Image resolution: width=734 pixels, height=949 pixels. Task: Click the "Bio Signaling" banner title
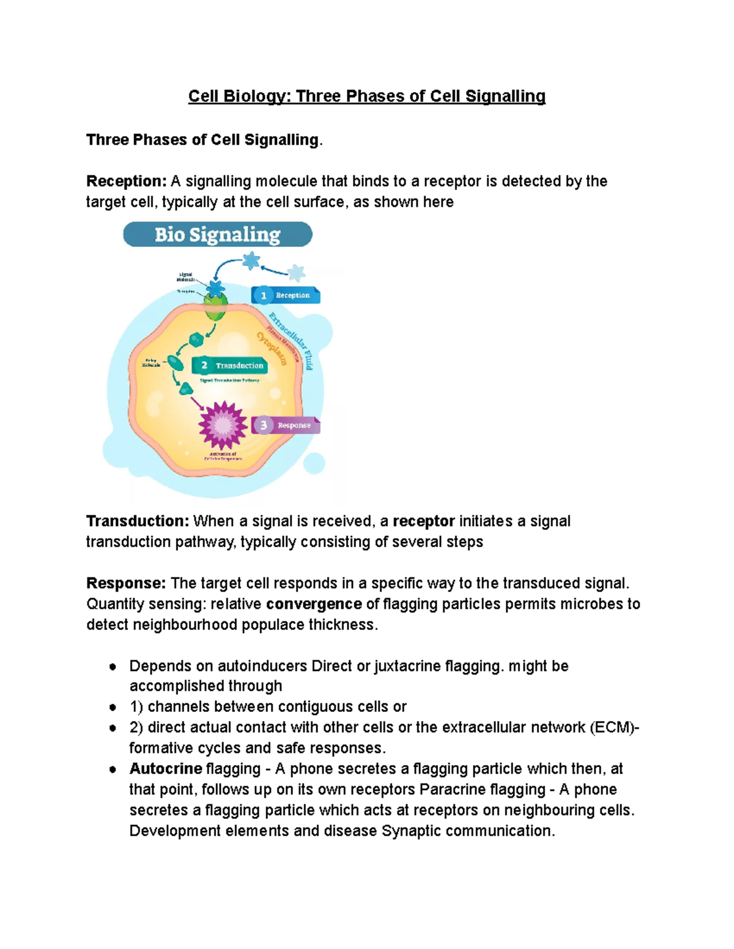point(217,235)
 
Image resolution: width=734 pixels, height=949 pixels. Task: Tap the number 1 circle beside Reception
point(264,296)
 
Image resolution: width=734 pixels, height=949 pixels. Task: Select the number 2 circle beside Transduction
point(204,365)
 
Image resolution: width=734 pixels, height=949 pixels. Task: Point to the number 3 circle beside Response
point(264,425)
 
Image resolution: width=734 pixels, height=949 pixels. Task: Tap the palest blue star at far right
point(297,273)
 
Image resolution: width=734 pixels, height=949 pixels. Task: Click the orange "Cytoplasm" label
point(272,348)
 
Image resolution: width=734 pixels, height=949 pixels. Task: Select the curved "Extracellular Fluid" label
point(292,339)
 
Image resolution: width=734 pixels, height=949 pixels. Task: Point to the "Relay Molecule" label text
point(151,363)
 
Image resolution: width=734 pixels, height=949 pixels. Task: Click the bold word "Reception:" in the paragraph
point(126,181)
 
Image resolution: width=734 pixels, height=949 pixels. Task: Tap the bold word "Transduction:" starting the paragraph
point(138,521)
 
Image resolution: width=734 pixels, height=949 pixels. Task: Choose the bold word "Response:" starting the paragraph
point(126,584)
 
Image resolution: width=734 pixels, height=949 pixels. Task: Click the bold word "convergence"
point(314,604)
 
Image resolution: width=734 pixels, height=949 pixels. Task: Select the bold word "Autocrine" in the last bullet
point(166,769)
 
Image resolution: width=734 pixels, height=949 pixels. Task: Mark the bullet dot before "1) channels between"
point(113,708)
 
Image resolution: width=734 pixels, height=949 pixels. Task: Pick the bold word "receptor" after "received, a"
point(423,521)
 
